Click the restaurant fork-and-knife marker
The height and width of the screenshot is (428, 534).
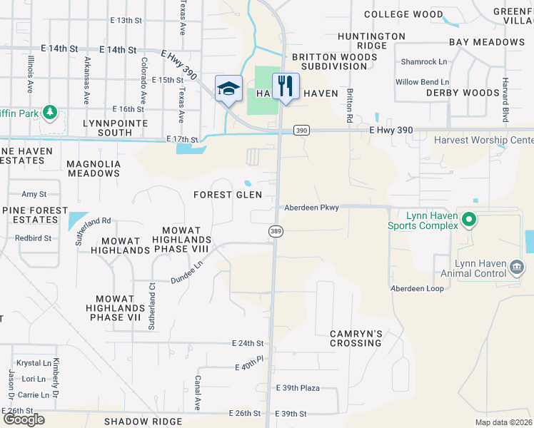click(285, 87)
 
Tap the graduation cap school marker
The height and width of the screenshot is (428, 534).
click(228, 89)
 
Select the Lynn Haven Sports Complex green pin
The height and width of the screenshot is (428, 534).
click(468, 219)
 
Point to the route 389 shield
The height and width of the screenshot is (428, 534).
click(276, 232)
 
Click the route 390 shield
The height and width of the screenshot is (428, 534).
click(301, 130)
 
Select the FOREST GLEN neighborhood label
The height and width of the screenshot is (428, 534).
click(228, 195)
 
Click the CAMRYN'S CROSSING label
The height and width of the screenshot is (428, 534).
click(356, 338)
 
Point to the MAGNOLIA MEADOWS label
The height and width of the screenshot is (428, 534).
click(94, 168)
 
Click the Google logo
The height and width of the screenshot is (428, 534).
click(24, 419)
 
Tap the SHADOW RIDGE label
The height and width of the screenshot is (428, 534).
click(143, 422)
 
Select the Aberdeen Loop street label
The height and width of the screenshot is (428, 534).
click(417, 288)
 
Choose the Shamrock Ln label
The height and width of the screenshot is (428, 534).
click(423, 61)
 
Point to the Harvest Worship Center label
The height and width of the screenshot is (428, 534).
click(483, 140)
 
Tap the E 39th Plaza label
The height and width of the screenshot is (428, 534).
click(298, 388)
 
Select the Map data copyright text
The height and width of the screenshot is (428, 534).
click(504, 422)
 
